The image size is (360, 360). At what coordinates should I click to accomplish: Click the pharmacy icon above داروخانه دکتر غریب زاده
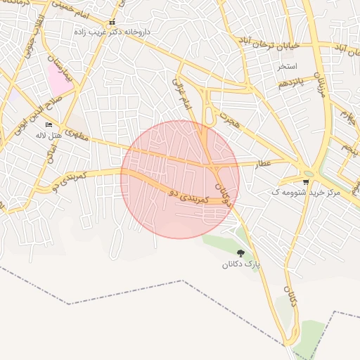click(112, 22)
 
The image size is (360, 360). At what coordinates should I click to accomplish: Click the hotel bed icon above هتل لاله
click(49, 125)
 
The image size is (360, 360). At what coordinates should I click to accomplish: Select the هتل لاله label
click(49, 134)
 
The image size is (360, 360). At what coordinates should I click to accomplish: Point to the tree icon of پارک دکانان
click(241, 253)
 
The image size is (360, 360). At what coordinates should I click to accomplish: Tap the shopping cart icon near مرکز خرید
click(306, 181)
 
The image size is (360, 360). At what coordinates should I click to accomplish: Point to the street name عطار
click(262, 163)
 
